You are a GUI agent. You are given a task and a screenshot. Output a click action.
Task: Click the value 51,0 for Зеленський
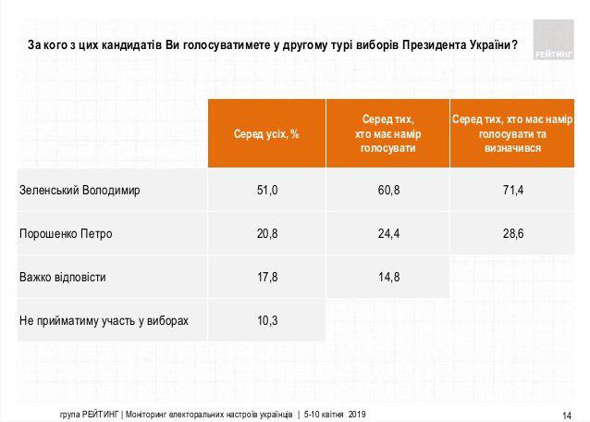[267, 190]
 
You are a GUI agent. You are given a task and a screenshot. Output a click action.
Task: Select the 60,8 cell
[388, 190]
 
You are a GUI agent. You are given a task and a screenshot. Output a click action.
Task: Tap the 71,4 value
[512, 190]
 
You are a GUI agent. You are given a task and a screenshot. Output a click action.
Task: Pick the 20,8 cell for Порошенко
[267, 233]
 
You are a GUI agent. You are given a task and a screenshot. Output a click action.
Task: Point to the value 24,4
[388, 233]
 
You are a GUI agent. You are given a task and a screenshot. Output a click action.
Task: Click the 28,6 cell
[512, 233]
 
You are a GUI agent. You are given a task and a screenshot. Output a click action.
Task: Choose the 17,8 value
[267, 277]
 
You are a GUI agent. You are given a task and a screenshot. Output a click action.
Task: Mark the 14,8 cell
[388, 277]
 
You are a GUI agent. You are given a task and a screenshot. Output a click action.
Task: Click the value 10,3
[267, 320]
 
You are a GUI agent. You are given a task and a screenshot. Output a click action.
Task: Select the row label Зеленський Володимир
[79, 191]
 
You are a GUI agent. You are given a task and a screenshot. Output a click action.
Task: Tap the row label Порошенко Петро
[66, 234]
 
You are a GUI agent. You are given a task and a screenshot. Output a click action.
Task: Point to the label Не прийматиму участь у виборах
[104, 321]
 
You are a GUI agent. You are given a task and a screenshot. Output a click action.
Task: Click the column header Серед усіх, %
[267, 134]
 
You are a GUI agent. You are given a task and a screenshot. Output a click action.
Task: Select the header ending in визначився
[512, 133]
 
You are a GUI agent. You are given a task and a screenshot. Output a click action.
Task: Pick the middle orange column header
[388, 133]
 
